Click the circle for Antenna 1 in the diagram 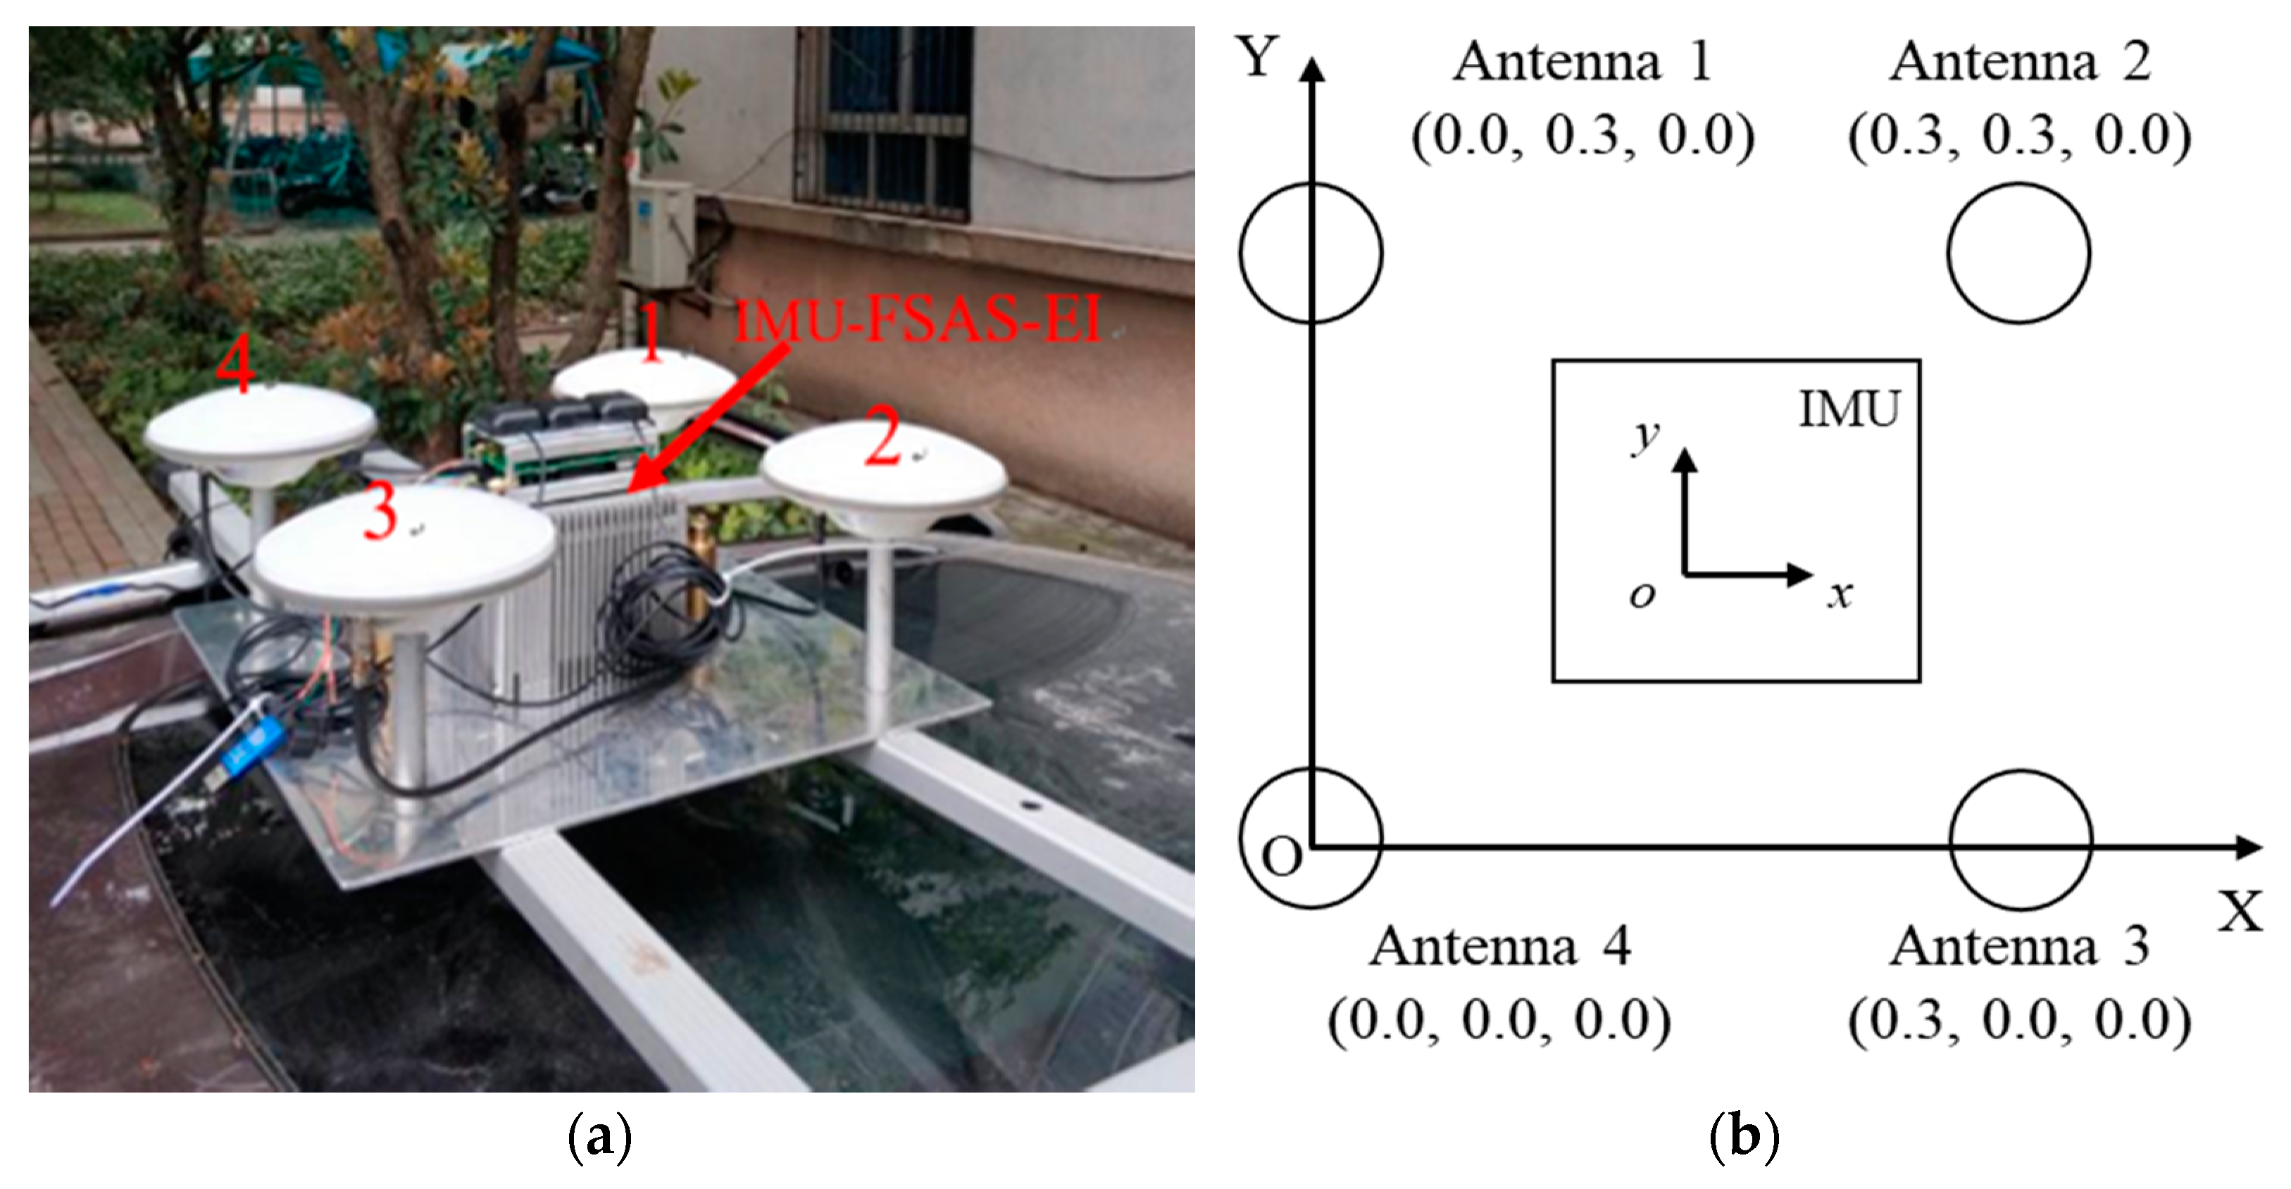coord(1311,253)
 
